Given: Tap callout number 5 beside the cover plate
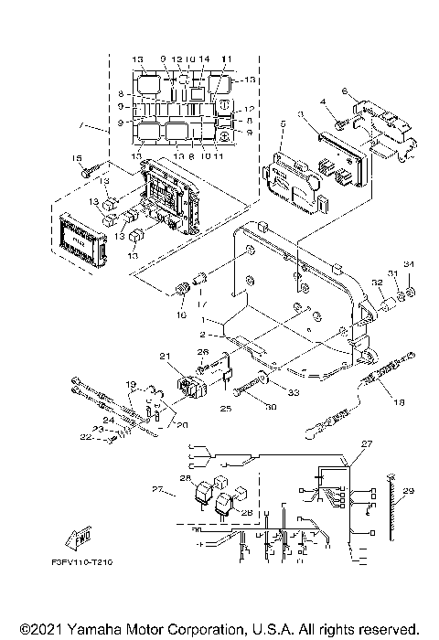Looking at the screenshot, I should [x=284, y=121].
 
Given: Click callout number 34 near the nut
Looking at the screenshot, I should [x=410, y=266].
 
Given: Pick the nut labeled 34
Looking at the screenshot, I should [x=410, y=293].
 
